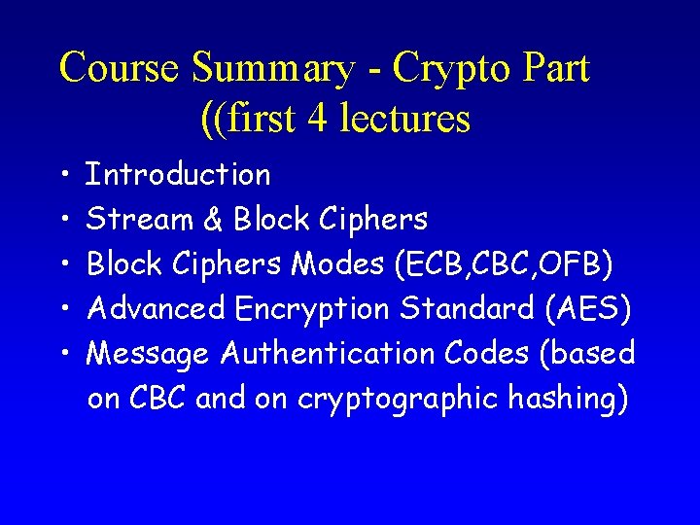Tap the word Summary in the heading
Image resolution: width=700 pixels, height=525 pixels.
(x=274, y=69)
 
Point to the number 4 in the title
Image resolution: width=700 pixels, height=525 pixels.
(x=317, y=119)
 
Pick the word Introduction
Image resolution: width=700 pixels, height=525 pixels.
(x=179, y=175)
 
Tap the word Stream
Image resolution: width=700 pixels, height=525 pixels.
(x=140, y=220)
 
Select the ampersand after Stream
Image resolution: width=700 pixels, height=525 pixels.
(x=214, y=220)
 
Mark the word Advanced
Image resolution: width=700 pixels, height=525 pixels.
(x=157, y=309)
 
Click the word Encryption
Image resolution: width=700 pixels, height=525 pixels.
(x=312, y=310)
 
